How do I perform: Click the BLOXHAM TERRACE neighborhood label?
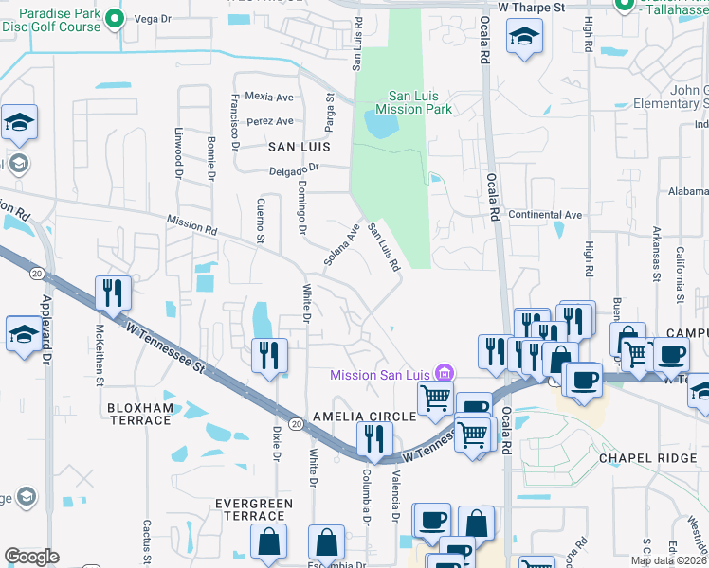click(140, 415)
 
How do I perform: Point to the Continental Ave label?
click(545, 215)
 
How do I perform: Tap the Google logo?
click(31, 557)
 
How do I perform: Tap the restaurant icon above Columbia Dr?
click(374, 438)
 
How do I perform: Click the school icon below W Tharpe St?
click(522, 39)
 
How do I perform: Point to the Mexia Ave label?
click(269, 97)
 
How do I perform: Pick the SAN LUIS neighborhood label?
click(299, 147)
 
